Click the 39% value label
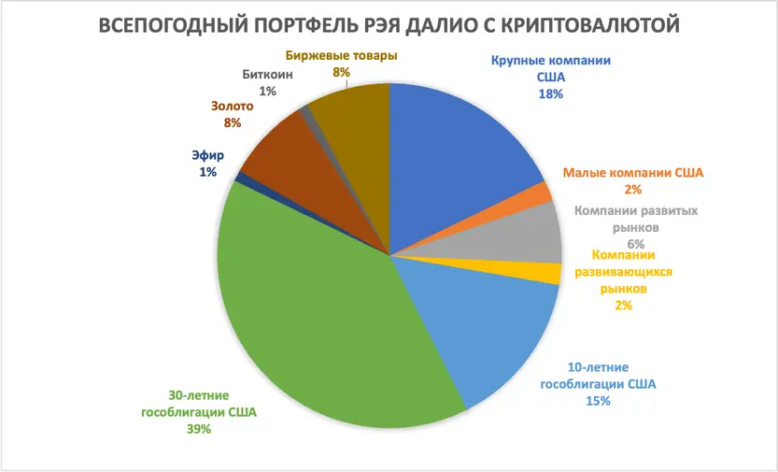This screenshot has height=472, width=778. coord(198,429)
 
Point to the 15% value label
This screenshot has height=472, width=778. coord(598,401)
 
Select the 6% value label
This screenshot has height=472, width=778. coord(635,243)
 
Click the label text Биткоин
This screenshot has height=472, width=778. coord(268,75)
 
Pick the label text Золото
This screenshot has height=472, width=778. coord(233,106)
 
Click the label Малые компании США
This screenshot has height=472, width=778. coord(632,173)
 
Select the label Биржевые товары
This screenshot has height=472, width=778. coord(342,55)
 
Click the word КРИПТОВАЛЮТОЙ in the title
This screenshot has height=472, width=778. coord(579,25)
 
